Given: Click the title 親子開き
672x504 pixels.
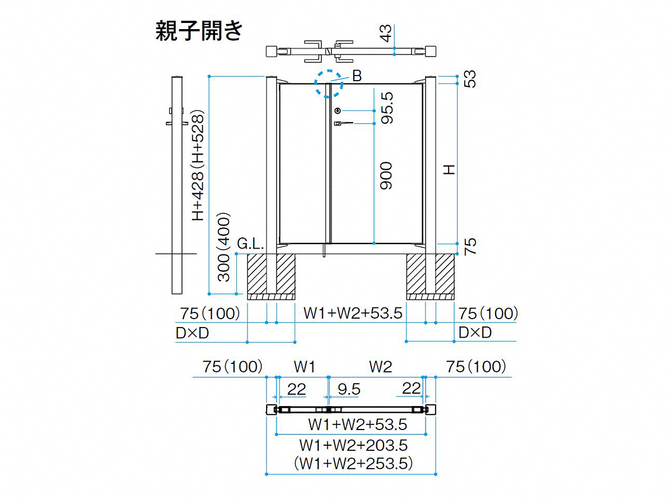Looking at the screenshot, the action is click(199, 31).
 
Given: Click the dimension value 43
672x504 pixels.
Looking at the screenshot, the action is click(386, 33).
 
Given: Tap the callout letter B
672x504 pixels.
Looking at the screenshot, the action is click(357, 76).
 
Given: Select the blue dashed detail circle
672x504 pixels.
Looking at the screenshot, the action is click(329, 71).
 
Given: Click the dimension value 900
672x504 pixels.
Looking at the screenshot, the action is click(386, 176).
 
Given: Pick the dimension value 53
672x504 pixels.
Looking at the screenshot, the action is click(470, 79).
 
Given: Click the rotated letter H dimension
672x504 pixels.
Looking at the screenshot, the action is click(450, 170).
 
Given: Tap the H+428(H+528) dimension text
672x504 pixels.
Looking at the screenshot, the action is click(198, 165).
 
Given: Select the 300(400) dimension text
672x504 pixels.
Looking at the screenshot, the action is click(224, 246).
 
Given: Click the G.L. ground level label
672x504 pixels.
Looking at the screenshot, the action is click(250, 244).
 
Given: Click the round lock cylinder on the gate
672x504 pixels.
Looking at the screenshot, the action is click(338, 111).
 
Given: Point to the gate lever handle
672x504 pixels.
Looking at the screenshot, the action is click(343, 123).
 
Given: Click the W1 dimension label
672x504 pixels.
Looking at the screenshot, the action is click(304, 366).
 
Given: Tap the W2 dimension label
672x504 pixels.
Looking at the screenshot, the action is click(381, 366).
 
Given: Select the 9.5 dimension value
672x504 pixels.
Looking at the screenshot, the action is click(349, 389).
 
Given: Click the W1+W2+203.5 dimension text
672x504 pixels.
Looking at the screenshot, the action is click(353, 445).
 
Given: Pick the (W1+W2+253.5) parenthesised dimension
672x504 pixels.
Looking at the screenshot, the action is click(353, 464).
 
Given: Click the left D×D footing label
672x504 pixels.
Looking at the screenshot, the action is click(192, 333).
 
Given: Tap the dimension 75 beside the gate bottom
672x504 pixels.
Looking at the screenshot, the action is click(470, 246).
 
